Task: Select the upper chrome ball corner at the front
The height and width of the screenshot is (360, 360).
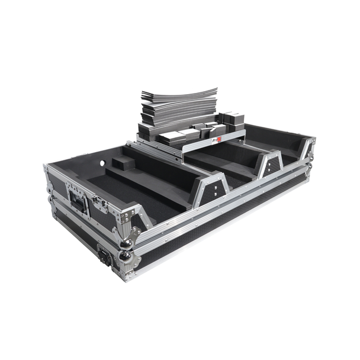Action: (126, 242)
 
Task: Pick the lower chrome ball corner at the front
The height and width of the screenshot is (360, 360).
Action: (126, 255)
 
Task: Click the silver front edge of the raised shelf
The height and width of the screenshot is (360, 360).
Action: (195, 146)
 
